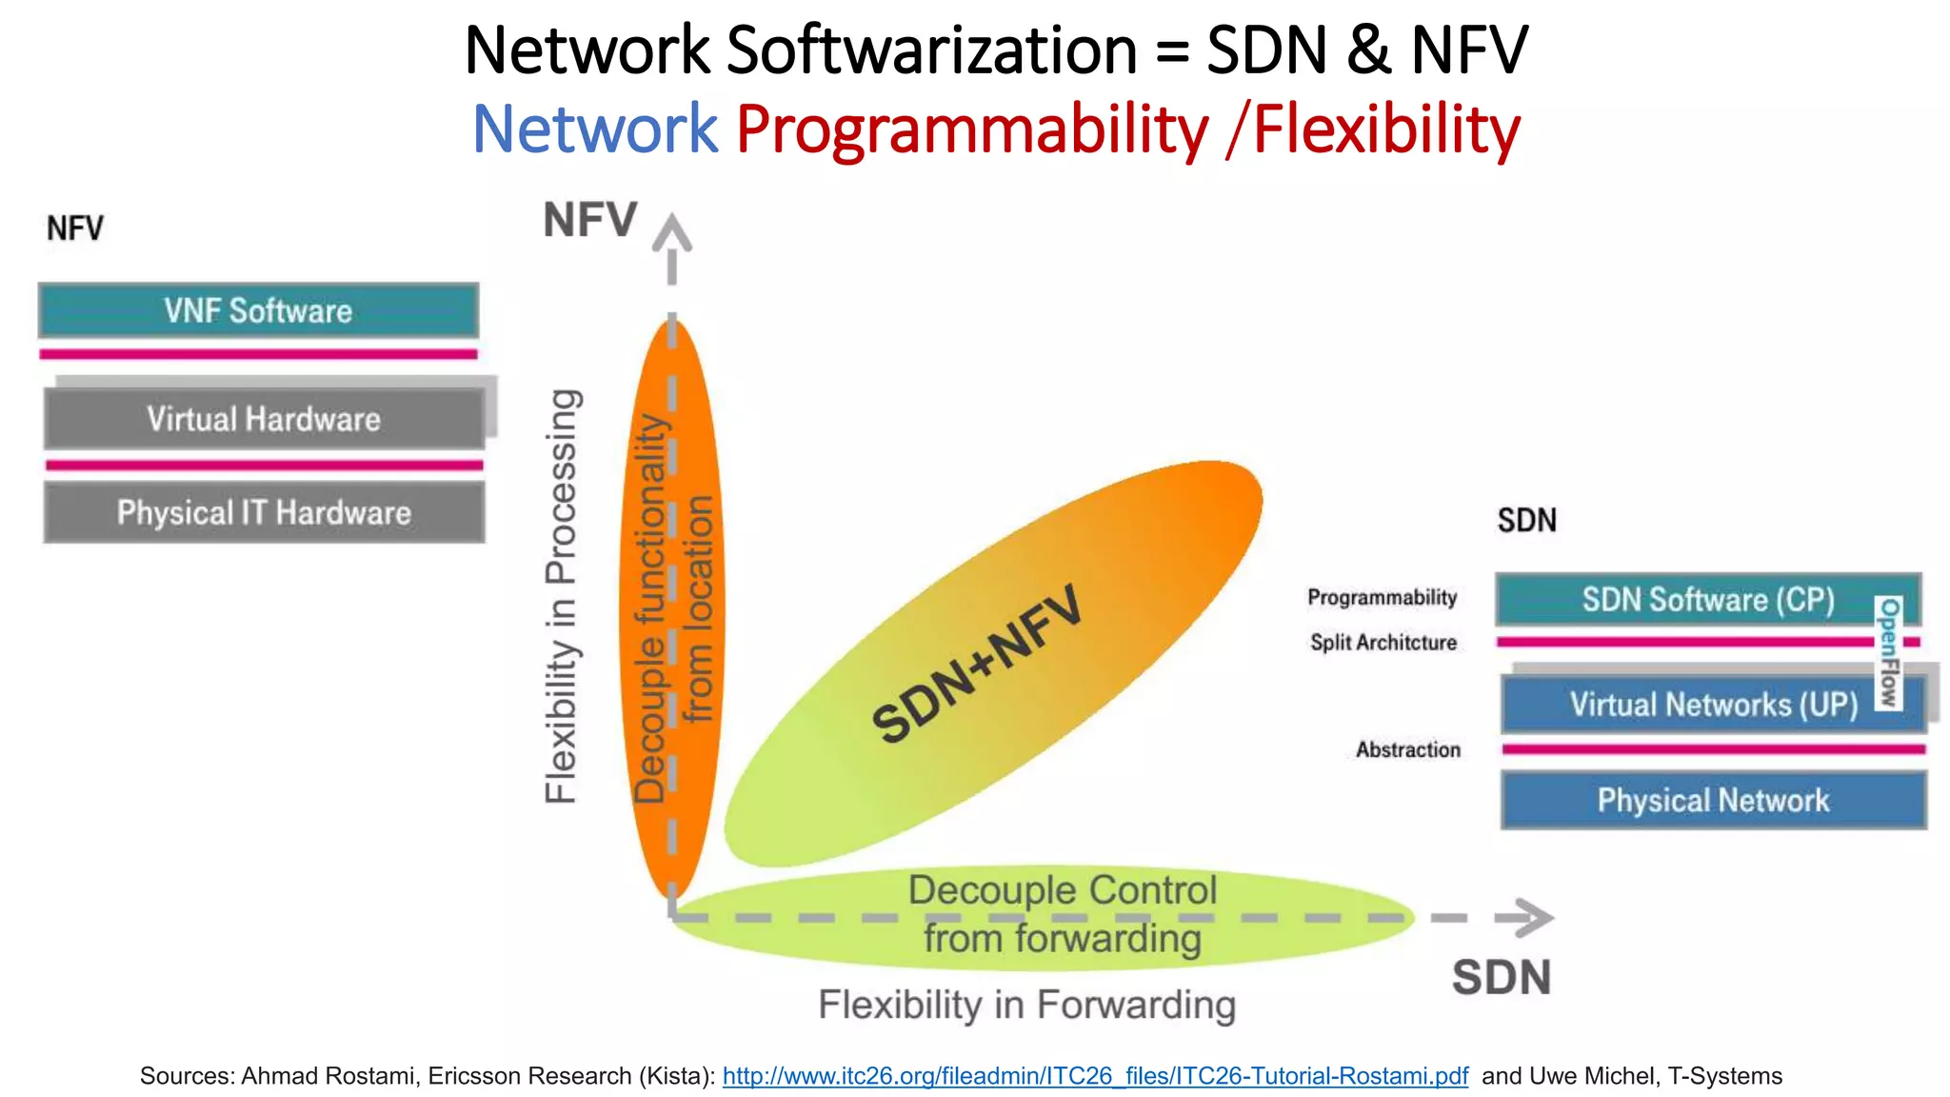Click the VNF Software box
(258, 310)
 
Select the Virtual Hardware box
(264, 419)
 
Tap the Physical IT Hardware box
(264, 512)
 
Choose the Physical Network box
(1713, 800)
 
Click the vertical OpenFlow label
(1889, 653)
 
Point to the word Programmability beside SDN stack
(1382, 597)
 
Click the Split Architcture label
(1383, 643)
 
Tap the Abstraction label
(1407, 750)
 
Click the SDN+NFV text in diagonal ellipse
(977, 665)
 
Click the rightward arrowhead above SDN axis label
(1527, 917)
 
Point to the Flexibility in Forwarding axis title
(1026, 1006)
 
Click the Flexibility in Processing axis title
(561, 596)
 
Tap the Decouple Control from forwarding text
(1062, 914)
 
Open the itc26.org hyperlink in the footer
(1095, 1076)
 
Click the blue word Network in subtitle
(594, 129)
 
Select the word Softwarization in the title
(931, 50)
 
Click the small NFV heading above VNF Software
(75, 229)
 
